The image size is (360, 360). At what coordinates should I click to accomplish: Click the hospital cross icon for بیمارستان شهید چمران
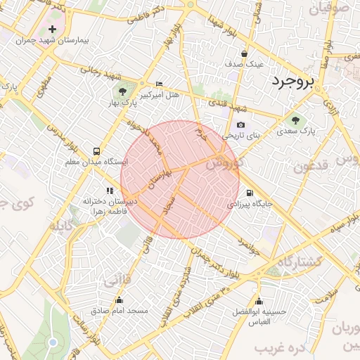coord(53,30)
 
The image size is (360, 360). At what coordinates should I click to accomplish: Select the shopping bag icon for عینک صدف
coord(244,53)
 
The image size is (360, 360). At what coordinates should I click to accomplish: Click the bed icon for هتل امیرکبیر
coord(159,84)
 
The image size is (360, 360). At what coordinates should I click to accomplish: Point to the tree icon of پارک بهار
coord(123,91)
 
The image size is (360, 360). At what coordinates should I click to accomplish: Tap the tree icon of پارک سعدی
coord(295,120)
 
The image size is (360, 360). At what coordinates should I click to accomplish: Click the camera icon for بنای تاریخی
coord(240,125)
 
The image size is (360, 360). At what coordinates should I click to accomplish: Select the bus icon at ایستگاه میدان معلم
coord(96,151)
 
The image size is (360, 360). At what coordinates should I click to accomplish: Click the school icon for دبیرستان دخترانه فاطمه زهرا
coord(109,190)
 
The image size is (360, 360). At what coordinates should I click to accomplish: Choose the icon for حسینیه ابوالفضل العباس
coord(259,302)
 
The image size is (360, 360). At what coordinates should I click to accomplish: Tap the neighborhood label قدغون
coord(311,167)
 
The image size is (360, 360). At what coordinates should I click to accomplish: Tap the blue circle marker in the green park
coord(53,342)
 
